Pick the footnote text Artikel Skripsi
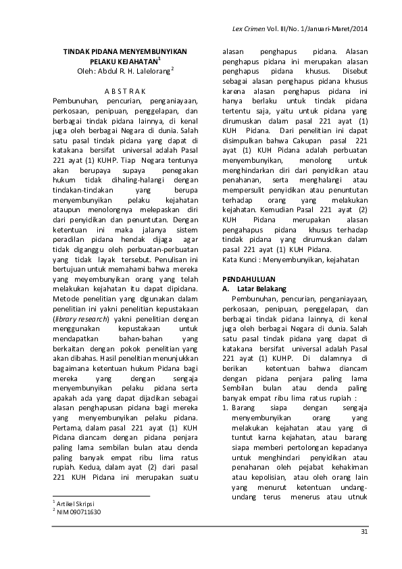pos(76,504)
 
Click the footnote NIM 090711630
pos(78,512)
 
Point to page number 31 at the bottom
pos(365,533)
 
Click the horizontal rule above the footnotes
pos(101,497)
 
